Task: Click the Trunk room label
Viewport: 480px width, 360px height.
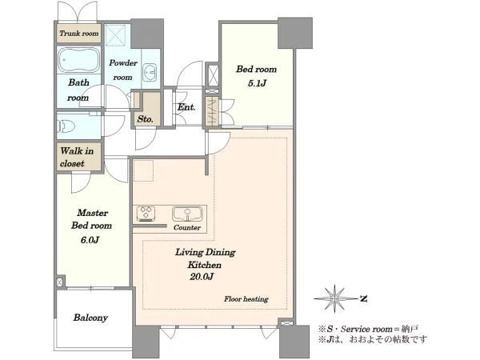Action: pyautogui.click(x=79, y=33)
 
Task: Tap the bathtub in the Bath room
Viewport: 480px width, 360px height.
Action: pyautogui.click(x=78, y=59)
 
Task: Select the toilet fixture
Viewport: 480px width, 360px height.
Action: pyautogui.click(x=66, y=126)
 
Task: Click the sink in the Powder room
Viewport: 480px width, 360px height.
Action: pyautogui.click(x=150, y=73)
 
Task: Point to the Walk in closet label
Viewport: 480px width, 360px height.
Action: pyautogui.click(x=77, y=157)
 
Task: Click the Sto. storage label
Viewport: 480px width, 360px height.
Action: pyautogui.click(x=145, y=118)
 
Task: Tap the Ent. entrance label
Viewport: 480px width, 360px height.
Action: pyautogui.click(x=186, y=107)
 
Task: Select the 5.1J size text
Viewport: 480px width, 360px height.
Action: pyautogui.click(x=257, y=83)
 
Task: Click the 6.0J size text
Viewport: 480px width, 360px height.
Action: pyautogui.click(x=90, y=240)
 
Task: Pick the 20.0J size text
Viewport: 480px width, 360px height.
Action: pyautogui.click(x=202, y=277)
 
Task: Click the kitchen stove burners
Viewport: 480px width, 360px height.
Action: pyautogui.click(x=146, y=214)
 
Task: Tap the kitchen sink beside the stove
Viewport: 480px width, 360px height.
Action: pyautogui.click(x=187, y=214)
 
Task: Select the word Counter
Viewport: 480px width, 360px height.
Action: pyautogui.click(x=187, y=227)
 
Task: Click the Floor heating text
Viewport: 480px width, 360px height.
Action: pyautogui.click(x=246, y=298)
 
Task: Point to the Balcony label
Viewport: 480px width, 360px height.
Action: pyautogui.click(x=90, y=318)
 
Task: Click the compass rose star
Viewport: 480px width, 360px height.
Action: pyautogui.click(x=335, y=298)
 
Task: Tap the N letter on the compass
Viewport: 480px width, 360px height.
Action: pyautogui.click(x=363, y=298)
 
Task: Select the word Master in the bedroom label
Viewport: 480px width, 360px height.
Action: pyautogui.click(x=93, y=213)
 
